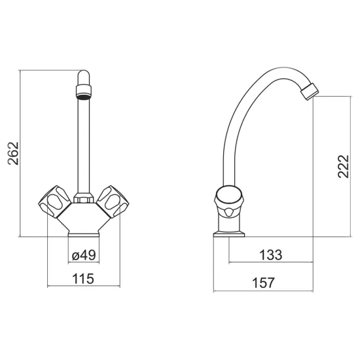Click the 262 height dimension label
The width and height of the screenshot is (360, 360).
pyautogui.click(x=13, y=153)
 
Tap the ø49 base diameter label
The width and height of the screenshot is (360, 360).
pyautogui.click(x=84, y=255)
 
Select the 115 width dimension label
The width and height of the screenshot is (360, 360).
pyautogui.click(x=83, y=279)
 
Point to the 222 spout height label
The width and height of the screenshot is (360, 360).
pyautogui.click(x=343, y=166)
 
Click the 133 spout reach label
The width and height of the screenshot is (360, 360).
pyautogui.click(x=271, y=255)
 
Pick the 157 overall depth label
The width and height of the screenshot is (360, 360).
pyautogui.click(x=263, y=283)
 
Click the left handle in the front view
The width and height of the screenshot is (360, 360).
pyautogui.click(x=54, y=202)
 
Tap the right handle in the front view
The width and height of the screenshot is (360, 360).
pyautogui.click(x=113, y=202)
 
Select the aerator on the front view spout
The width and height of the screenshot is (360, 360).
pyautogui.click(x=84, y=92)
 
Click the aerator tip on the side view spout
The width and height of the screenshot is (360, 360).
pyautogui.click(x=310, y=92)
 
